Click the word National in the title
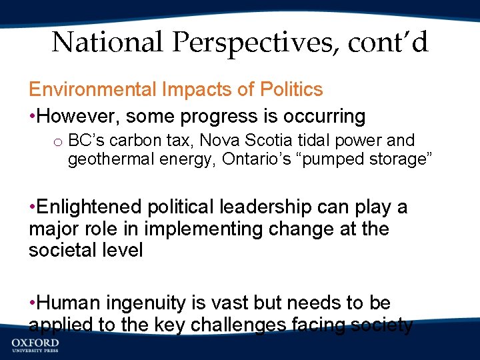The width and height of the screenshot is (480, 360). (x=107, y=43)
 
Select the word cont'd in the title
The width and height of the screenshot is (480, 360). (x=387, y=43)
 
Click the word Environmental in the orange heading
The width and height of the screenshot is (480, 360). (x=93, y=89)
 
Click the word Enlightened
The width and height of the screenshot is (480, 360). (x=89, y=207)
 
